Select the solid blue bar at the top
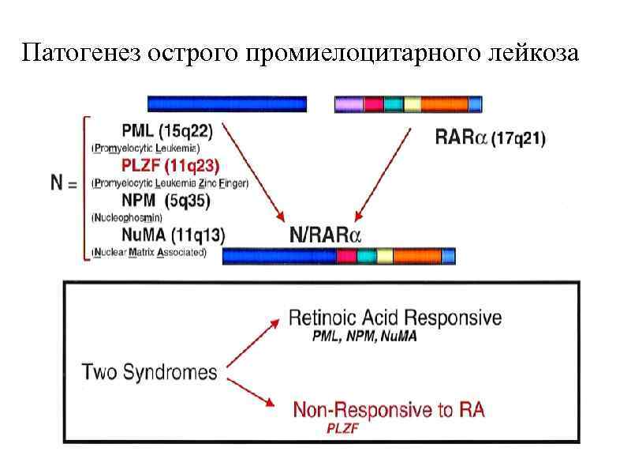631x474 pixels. coord(227,103)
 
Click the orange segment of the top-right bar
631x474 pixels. coord(444,103)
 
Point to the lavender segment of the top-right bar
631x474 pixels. coord(349,103)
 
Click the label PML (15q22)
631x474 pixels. coord(166,130)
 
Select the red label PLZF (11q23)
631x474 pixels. coord(170,165)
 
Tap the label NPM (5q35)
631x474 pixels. coord(165,201)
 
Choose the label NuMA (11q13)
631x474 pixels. coord(173,235)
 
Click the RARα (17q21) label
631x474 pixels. coord(490,138)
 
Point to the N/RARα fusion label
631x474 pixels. coord(326,235)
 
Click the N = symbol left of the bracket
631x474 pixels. coord(62,183)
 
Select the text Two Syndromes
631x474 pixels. coord(150,371)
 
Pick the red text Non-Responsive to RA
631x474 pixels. coord(388,409)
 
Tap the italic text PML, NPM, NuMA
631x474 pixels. coord(364,337)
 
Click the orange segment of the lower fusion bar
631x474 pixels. coord(416,256)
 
